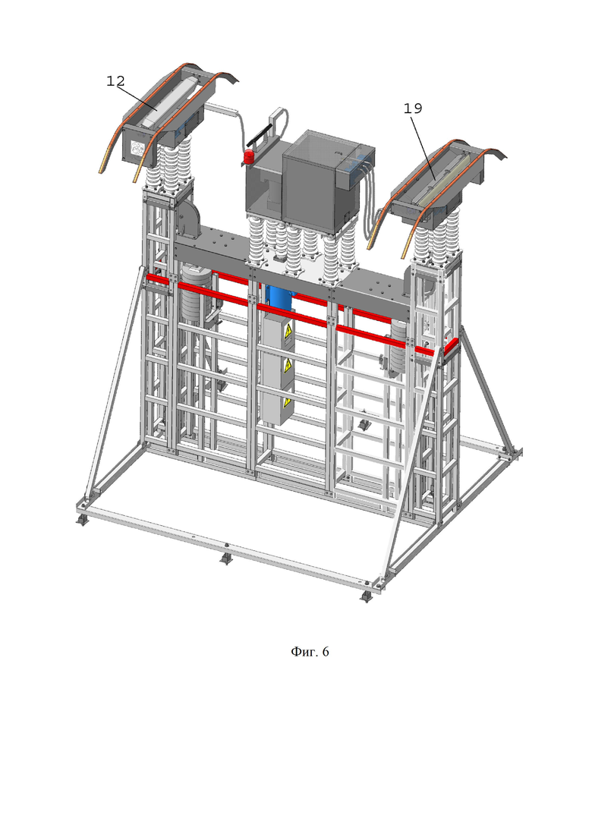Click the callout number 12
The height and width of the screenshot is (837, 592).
(x=115, y=81)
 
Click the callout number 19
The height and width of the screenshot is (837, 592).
(x=413, y=109)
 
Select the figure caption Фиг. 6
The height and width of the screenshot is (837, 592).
(x=310, y=651)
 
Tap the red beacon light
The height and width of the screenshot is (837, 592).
(x=248, y=157)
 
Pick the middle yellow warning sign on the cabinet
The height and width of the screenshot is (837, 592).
(x=288, y=367)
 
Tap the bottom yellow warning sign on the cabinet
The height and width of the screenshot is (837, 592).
(x=287, y=401)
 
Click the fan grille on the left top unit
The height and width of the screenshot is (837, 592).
(x=136, y=149)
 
